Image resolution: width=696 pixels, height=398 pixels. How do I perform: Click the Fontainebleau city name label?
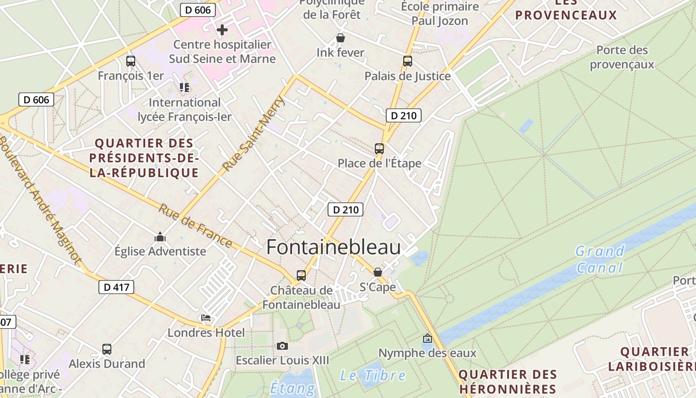coord(334,247)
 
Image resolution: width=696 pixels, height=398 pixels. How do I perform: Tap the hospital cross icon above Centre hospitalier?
coord(222,30)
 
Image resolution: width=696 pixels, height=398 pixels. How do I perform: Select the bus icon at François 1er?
coord(131,61)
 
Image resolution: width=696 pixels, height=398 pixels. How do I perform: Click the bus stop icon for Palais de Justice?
coord(408,61)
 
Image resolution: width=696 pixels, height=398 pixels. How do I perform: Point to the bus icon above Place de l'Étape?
coord(379,148)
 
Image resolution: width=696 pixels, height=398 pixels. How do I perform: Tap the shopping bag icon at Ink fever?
coord(341,38)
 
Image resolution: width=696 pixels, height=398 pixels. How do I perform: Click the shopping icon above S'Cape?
coord(378,272)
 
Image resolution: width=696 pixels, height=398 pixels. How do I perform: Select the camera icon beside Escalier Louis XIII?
coord(282,346)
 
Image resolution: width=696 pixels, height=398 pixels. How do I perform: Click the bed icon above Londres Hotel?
coord(206,318)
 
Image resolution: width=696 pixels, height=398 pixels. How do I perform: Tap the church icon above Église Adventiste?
coord(160,237)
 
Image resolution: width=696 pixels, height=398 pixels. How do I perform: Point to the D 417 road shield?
coord(116,287)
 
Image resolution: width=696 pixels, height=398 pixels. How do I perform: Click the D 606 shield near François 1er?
coord(36,99)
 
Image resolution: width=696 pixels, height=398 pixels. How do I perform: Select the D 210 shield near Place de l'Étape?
coord(404,116)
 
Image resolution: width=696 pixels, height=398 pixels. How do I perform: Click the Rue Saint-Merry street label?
coord(254,133)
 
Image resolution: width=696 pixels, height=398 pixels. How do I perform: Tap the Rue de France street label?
coord(195,226)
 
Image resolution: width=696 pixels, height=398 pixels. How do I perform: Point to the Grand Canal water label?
coord(600,259)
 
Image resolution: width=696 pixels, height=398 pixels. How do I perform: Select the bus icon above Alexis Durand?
coord(107,349)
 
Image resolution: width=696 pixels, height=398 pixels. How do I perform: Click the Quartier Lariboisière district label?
coord(655,359)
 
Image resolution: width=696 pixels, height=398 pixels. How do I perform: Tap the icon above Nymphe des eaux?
coord(427,339)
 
